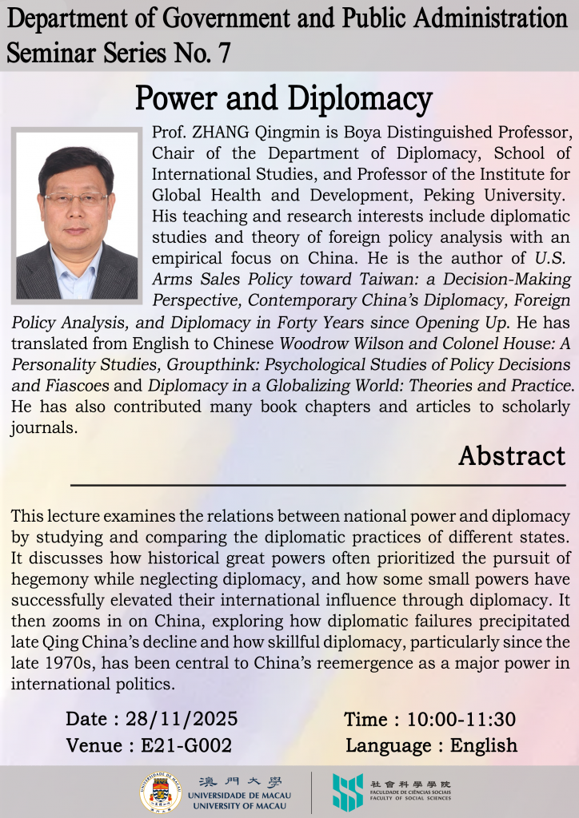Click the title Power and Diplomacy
click(283, 99)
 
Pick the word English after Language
click(484, 745)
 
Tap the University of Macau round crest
click(160, 792)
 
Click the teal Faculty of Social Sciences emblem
click(347, 792)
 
